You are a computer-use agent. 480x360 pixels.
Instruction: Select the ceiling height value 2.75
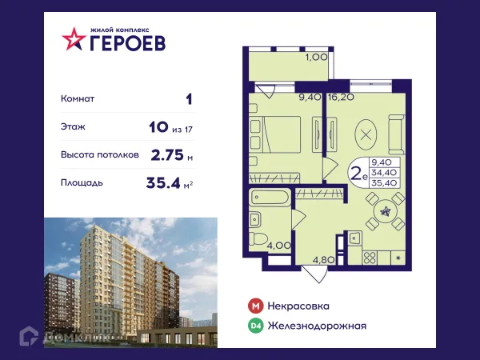pyautogui.click(x=167, y=155)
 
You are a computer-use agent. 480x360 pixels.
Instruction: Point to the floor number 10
pyautogui.click(x=158, y=127)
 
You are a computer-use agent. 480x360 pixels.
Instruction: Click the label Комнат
pyautogui.click(x=78, y=99)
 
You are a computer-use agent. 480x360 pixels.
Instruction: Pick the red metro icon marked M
pyautogui.click(x=255, y=306)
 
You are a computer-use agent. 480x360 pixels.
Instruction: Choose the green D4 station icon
pyautogui.click(x=255, y=326)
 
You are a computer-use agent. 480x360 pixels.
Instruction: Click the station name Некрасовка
pyautogui.click(x=299, y=306)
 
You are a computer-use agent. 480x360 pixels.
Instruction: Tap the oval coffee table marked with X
pyautogui.click(x=366, y=134)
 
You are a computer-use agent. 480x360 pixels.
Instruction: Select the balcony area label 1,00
pyautogui.click(x=315, y=57)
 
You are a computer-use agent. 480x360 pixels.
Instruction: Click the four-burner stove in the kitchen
pyautogui.click(x=370, y=257)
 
